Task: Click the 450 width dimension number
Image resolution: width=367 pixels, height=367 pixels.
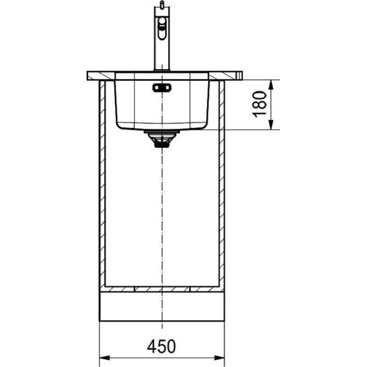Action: (x=161, y=346)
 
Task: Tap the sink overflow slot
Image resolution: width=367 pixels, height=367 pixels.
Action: (x=161, y=88)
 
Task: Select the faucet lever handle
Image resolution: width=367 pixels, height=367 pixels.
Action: (x=161, y=28)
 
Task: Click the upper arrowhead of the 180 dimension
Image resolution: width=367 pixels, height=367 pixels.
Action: (x=271, y=85)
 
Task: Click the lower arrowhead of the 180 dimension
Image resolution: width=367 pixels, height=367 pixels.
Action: (x=271, y=125)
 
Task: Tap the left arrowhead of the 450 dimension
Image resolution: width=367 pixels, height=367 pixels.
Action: (x=105, y=358)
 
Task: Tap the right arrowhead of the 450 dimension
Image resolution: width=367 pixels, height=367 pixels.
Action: (x=219, y=358)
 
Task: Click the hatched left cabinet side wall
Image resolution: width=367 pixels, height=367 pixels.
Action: (x=102, y=185)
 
